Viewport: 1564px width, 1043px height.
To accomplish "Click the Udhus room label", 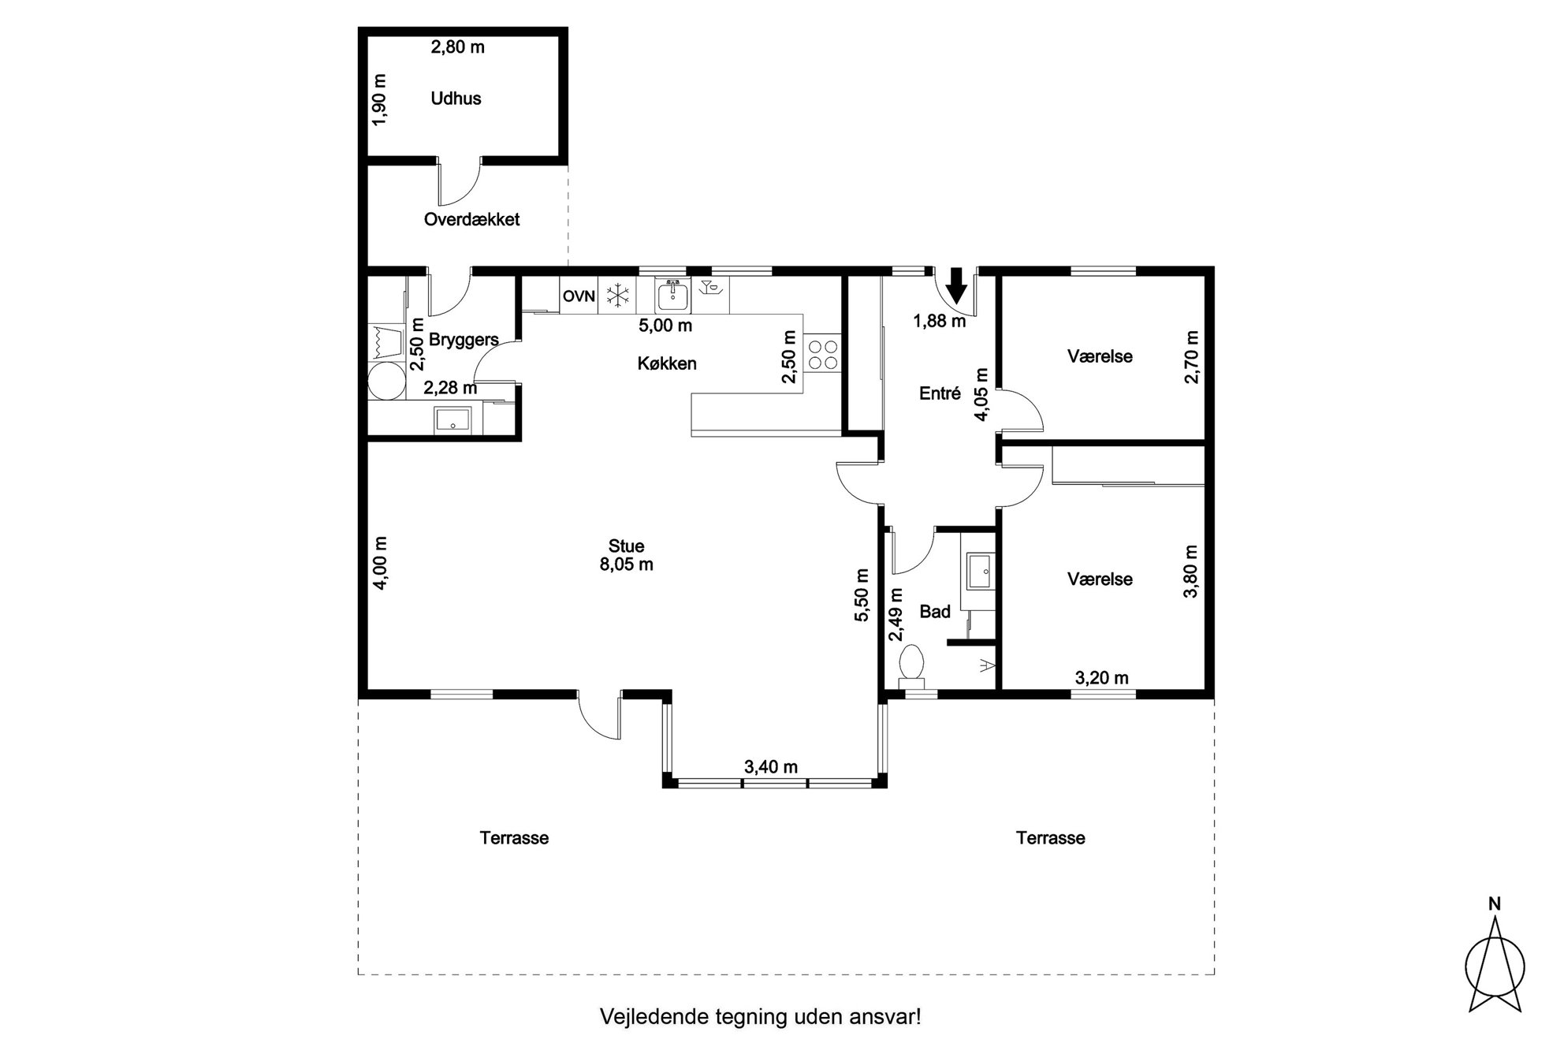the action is [x=456, y=99].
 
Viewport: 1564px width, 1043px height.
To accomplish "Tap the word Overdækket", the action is [x=471, y=219].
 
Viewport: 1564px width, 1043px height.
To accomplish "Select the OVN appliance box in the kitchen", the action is [x=579, y=296].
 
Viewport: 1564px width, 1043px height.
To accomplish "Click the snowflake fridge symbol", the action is [x=617, y=296].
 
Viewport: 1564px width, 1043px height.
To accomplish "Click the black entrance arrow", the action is [x=956, y=285].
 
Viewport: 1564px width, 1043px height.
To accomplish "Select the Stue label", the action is [x=626, y=546].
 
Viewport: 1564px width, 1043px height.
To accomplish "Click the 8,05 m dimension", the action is [x=626, y=564].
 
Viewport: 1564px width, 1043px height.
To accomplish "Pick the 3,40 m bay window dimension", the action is [x=771, y=766].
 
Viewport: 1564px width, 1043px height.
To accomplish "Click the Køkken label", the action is [x=667, y=363].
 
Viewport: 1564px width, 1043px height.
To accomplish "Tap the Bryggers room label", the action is [x=464, y=340].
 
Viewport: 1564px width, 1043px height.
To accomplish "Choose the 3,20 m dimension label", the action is [x=1101, y=677].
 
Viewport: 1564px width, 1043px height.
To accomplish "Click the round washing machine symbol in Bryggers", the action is [x=386, y=381].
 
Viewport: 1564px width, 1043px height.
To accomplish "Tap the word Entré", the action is [x=940, y=393].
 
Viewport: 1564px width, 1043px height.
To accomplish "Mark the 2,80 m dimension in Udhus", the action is [x=457, y=47].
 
